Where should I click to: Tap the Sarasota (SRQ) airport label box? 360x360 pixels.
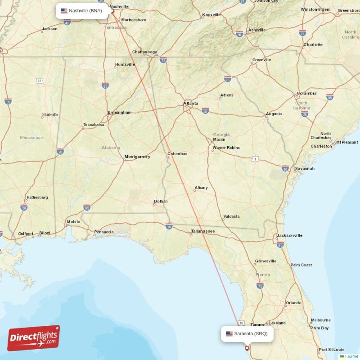(247, 333)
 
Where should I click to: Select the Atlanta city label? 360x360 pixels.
(190, 103)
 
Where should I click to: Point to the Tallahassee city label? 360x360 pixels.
(202, 231)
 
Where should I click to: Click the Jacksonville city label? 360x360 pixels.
(290, 235)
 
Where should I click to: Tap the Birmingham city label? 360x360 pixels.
(119, 112)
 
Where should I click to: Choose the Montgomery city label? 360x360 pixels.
(137, 157)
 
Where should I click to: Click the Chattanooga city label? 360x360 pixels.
(144, 52)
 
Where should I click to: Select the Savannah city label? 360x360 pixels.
(305, 169)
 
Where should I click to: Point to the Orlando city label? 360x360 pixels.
(293, 303)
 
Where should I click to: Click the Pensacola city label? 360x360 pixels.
(104, 232)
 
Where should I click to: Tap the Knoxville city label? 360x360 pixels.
(211, 15)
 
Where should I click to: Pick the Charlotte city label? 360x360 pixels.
(313, 45)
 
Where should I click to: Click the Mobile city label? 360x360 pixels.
(73, 222)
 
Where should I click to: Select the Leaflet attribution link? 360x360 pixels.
(351, 356)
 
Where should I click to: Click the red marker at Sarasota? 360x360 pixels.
(247, 347)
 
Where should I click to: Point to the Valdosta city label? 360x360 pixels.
(231, 216)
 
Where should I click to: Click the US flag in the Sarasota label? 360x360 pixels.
(229, 333)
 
